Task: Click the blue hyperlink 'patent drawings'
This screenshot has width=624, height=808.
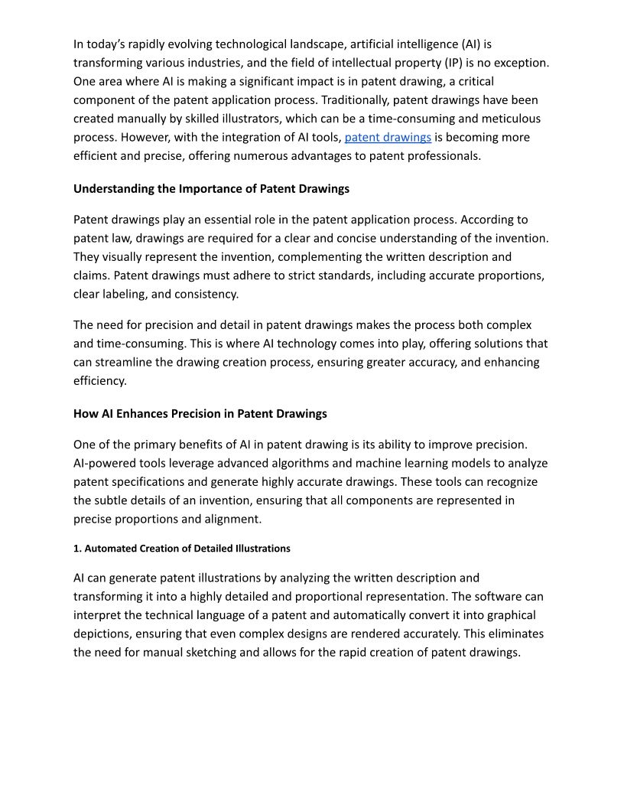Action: click(388, 138)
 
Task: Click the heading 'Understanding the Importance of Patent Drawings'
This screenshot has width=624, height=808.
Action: click(211, 188)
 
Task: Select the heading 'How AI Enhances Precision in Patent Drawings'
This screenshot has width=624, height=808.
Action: click(200, 414)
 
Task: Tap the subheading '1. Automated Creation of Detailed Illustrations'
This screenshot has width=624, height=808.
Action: click(181, 549)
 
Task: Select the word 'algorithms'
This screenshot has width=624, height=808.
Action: click(297, 463)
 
